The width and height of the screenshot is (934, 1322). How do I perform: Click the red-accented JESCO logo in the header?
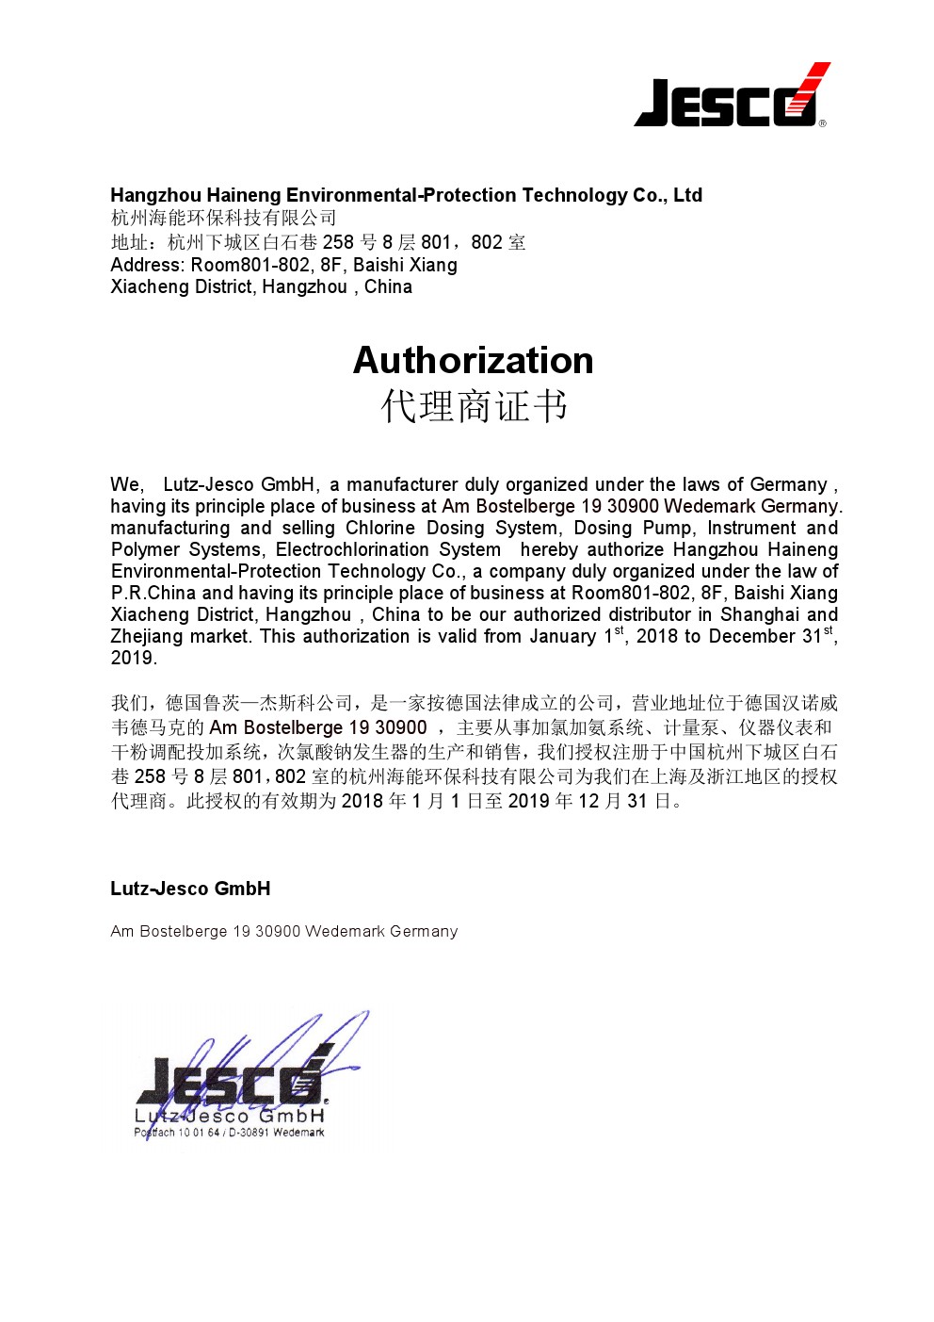coord(732,97)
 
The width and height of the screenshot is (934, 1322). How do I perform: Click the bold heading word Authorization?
coord(473,360)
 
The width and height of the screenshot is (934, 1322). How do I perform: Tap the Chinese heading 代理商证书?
coord(474,407)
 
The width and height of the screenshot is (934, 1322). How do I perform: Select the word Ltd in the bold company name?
coord(687,195)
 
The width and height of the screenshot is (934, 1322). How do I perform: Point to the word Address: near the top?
coord(148,265)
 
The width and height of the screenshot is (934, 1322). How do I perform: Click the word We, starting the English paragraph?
coord(126,484)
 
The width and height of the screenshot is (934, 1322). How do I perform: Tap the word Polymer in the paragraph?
coord(145,549)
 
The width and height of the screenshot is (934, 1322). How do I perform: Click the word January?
coord(562,636)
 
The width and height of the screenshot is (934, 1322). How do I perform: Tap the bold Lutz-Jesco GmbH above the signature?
coord(190,889)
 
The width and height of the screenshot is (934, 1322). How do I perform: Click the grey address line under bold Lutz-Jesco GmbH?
coord(283,931)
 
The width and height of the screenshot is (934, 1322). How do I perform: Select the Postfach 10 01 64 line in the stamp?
coord(229,1133)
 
